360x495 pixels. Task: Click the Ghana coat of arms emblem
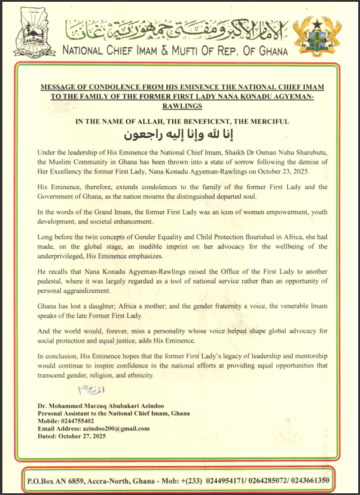324,36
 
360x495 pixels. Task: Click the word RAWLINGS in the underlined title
179,105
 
